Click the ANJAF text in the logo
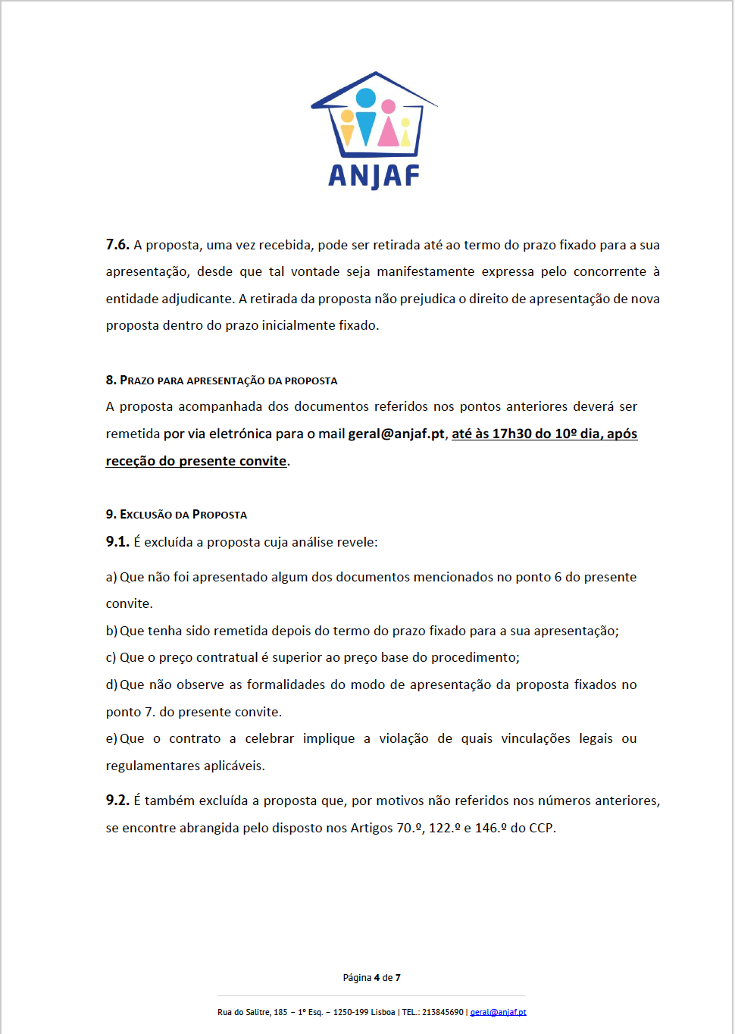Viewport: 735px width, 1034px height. pos(374,177)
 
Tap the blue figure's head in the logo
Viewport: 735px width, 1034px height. pos(366,98)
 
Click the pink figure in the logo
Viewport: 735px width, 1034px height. pos(389,125)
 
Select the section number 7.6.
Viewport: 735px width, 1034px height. pos(117,245)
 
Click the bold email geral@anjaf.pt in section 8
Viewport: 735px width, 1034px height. pos(396,434)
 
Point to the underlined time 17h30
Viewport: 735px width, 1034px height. pos(511,434)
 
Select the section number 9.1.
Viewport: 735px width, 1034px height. pos(117,542)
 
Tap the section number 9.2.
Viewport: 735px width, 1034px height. pos(117,801)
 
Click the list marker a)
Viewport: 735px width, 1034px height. pos(111,577)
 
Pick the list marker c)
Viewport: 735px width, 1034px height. pos(111,657)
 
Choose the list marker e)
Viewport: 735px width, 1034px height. pos(111,738)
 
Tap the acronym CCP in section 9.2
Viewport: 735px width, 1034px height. pos(541,828)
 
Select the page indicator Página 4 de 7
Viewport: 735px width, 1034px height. pos(371,978)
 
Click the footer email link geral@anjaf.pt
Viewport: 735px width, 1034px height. pos(498,1012)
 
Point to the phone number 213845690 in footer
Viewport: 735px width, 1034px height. pos(443,1012)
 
